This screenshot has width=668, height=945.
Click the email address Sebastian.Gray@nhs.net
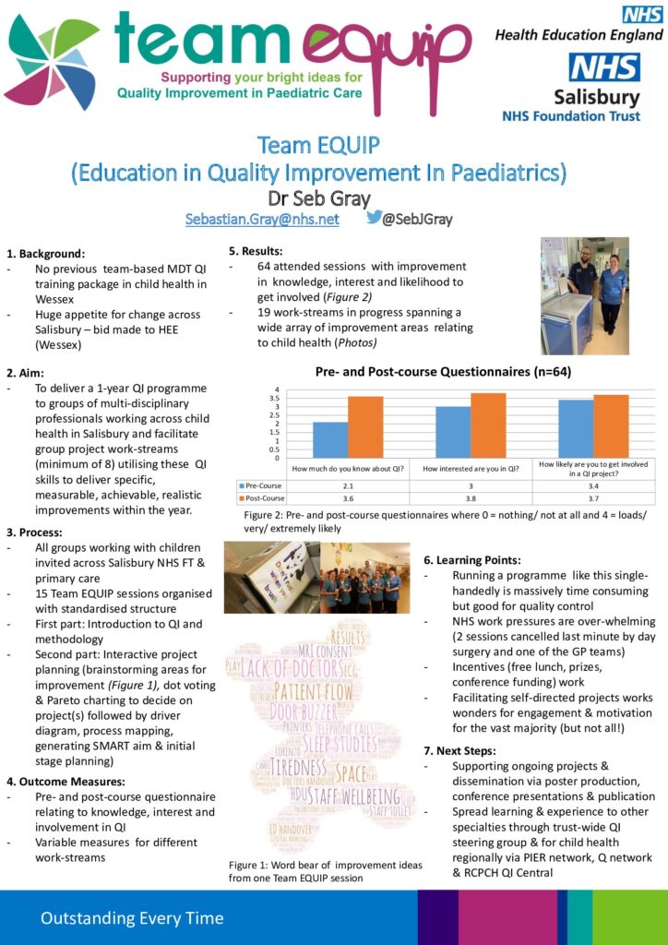pyautogui.click(x=262, y=220)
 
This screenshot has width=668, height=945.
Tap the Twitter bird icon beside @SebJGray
pyautogui.click(x=375, y=218)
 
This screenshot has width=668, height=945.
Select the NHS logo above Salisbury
pyautogui.click(x=604, y=68)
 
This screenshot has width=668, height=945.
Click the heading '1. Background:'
pyautogui.click(x=45, y=253)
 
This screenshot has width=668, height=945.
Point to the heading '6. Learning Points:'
pyautogui.click(x=472, y=559)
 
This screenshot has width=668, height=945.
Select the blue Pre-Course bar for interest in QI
pyautogui.click(x=452, y=432)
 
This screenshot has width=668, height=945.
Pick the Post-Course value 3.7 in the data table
pyautogui.click(x=594, y=497)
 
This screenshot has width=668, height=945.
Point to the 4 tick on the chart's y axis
pyautogui.click(x=276, y=389)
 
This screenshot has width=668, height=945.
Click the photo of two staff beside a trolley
pyautogui.click(x=584, y=295)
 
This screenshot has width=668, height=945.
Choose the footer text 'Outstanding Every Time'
pyautogui.click(x=131, y=917)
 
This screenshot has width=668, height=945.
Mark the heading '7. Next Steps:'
pyautogui.click(x=459, y=750)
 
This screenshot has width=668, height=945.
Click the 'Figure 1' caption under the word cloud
pyautogui.click(x=325, y=871)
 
